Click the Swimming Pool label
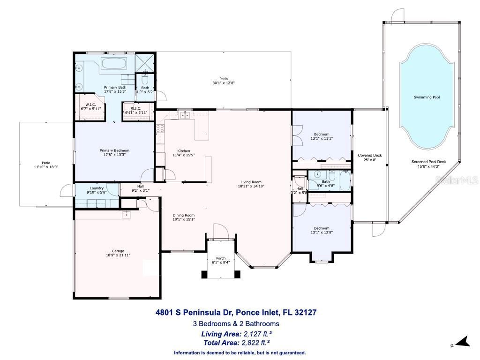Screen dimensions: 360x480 pyautogui.click(x=427, y=97)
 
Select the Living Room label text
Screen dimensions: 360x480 pyautogui.click(x=251, y=182)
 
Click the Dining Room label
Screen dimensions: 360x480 pyautogui.click(x=184, y=215)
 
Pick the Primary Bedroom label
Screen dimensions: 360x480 pyautogui.click(x=112, y=150)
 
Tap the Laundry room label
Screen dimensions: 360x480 pyautogui.click(x=97, y=187)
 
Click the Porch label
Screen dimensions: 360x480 pyautogui.click(x=220, y=258)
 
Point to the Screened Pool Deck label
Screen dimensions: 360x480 pyautogui.click(x=428, y=162)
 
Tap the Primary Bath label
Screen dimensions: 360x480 pyautogui.click(x=115, y=87)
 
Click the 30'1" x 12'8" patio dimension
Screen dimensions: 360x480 pyautogui.click(x=223, y=83)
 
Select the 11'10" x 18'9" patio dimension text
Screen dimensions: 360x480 pyautogui.click(x=46, y=167)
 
